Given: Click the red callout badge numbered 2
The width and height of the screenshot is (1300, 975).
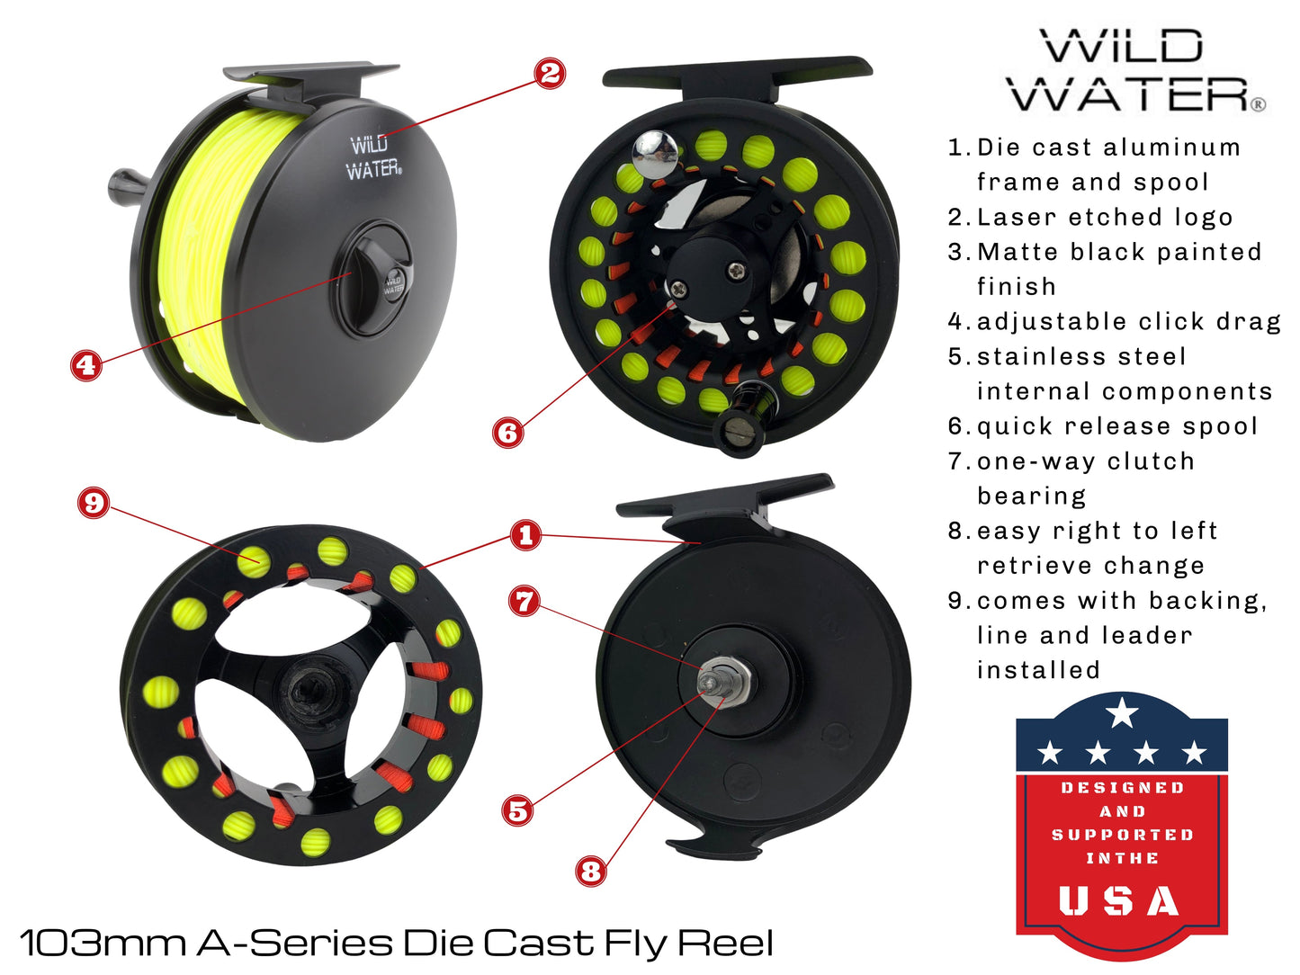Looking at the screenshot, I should click(551, 73).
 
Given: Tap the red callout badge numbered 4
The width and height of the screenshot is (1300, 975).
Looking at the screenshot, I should click(86, 364).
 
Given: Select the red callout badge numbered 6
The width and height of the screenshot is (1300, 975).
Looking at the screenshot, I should click(508, 433).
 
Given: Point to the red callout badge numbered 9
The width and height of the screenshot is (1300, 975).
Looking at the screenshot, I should click(94, 502).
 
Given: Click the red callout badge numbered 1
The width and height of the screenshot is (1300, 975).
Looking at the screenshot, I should click(526, 535).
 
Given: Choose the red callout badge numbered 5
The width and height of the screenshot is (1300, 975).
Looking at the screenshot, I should click(518, 810).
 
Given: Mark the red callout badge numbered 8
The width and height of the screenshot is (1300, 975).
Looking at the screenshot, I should click(591, 870).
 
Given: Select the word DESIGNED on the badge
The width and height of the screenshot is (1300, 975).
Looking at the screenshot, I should click(1122, 788).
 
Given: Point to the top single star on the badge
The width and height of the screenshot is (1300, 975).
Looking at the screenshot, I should click(1122, 712).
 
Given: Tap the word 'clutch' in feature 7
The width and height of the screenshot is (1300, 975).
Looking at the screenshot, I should click(1151, 461).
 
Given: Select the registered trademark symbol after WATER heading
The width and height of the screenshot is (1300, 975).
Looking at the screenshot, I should click(1259, 104).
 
